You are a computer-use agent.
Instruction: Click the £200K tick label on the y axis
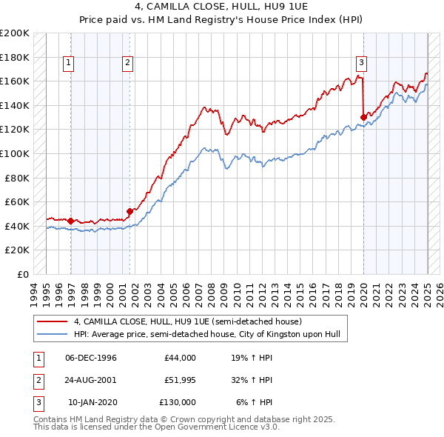tap(15, 33)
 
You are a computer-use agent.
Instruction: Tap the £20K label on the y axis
tap(18, 250)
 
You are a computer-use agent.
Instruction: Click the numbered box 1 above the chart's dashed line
tap(67, 63)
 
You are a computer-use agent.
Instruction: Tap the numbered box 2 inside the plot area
tap(127, 63)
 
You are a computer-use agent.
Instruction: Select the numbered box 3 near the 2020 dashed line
tap(361, 63)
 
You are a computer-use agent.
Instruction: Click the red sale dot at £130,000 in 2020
tap(363, 117)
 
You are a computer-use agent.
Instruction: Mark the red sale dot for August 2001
tap(129, 211)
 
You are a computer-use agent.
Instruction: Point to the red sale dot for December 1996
tap(70, 221)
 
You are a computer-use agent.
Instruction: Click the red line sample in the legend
tap(53, 322)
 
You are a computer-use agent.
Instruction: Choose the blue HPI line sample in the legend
tap(53, 335)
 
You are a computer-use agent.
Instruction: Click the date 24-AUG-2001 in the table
tap(91, 380)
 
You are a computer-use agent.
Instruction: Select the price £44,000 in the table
tap(180, 358)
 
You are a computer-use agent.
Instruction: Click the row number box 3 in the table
tap(37, 402)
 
